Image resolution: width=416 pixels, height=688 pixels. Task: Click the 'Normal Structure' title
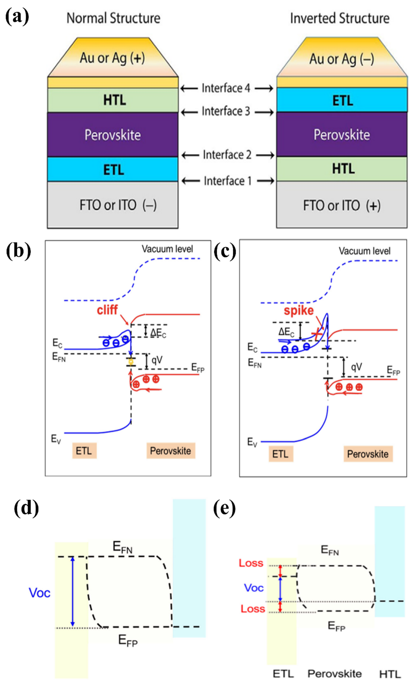pyautogui.click(x=113, y=18)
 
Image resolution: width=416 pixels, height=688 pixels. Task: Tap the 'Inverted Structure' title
pyautogui.click(x=340, y=18)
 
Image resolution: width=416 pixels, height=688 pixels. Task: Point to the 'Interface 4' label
pyautogui.click(x=226, y=88)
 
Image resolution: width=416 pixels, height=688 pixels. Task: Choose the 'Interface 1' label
pyautogui.click(x=227, y=181)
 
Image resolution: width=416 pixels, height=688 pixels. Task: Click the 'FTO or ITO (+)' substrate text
pyautogui.click(x=342, y=206)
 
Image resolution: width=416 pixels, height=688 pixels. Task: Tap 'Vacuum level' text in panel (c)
pyautogui.click(x=364, y=251)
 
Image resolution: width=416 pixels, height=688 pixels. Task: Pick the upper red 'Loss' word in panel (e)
pyautogui.click(x=251, y=563)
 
